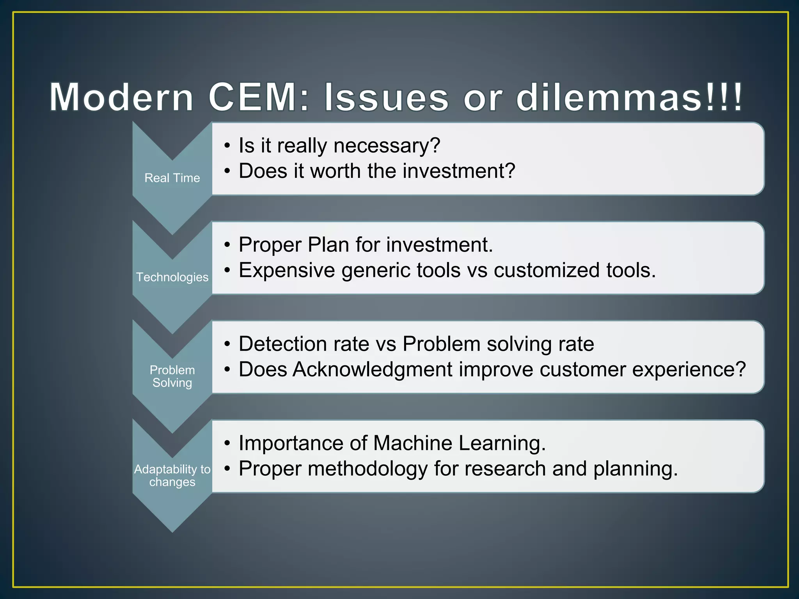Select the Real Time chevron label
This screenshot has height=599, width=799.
point(172,178)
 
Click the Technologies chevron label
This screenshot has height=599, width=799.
point(172,277)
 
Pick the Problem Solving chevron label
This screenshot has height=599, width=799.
point(172,376)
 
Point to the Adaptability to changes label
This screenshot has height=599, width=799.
point(172,475)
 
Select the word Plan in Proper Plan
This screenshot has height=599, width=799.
point(328,245)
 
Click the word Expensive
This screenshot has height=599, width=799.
point(287,270)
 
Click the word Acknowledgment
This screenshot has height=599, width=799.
point(372,369)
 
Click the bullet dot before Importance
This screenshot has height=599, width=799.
point(227,443)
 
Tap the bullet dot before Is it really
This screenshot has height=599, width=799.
point(227,146)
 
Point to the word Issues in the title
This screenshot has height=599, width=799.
point(386,97)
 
